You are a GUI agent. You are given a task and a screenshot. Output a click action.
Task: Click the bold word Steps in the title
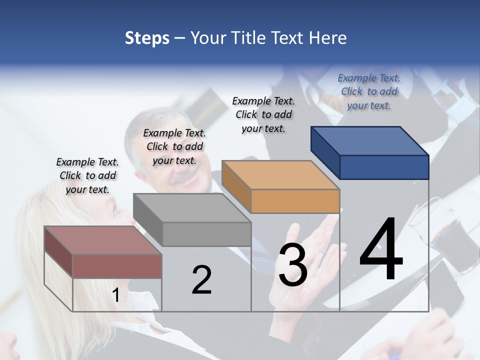[147, 38]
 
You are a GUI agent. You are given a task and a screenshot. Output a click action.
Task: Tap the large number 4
[381, 250]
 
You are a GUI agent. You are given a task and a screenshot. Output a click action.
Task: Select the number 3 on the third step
[293, 265]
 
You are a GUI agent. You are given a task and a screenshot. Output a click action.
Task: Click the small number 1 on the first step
[116, 295]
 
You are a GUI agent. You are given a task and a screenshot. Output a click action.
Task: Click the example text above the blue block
[369, 92]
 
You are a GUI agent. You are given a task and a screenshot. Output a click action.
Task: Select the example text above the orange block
[263, 114]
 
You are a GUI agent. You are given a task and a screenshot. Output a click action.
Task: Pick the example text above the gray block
[174, 146]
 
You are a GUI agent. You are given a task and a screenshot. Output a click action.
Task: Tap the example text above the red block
[87, 175]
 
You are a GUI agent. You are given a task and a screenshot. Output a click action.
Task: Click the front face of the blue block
[384, 167]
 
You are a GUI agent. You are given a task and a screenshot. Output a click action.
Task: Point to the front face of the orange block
[295, 201]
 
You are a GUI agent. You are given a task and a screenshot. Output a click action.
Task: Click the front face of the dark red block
[117, 266]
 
